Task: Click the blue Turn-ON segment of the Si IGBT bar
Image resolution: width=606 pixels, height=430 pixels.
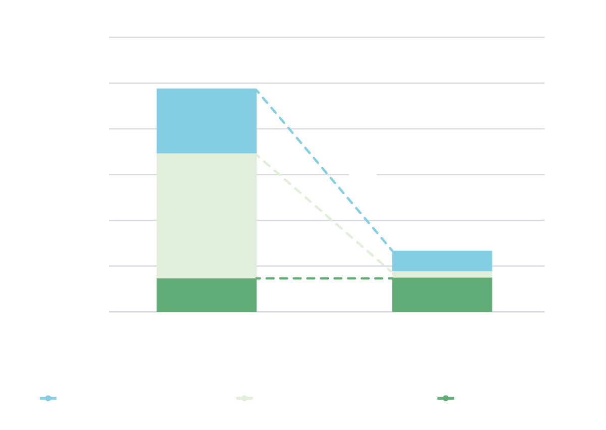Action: (207, 121)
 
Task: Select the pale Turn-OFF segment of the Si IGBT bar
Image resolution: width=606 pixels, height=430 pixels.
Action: (207, 216)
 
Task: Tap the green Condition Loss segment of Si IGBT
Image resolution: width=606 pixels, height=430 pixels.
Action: (207, 295)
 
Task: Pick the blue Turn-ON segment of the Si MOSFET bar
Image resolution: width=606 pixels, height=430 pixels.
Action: (442, 261)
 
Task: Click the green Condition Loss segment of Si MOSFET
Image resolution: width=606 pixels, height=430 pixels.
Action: (442, 295)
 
